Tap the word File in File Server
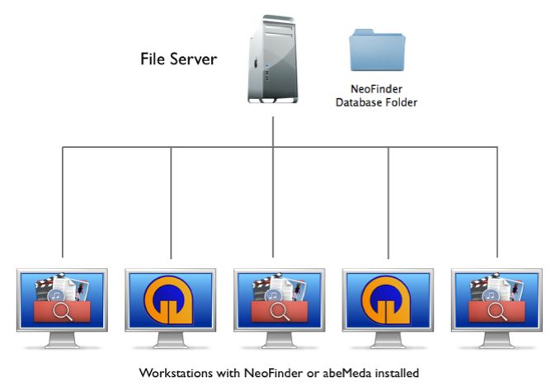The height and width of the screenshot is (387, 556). (156, 59)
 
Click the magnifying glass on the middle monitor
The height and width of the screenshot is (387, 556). (282, 312)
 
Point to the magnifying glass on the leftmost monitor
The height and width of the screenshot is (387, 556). (65, 312)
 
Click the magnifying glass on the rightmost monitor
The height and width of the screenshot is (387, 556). (500, 312)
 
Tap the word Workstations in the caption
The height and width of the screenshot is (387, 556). (176, 373)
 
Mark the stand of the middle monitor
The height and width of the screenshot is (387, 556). (279, 343)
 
